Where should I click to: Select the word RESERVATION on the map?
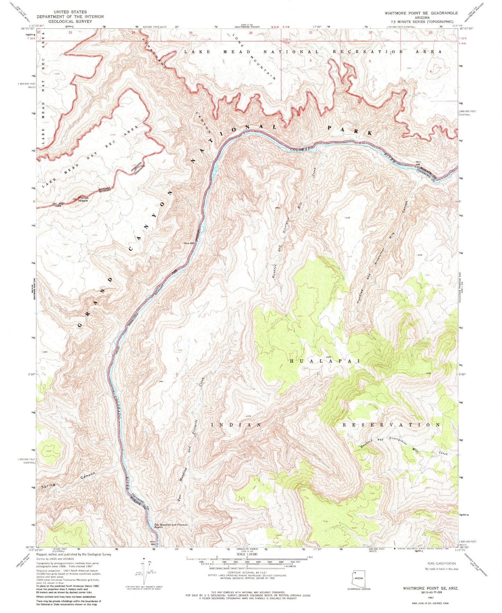(x=392, y=425)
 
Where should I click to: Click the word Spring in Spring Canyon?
(x=48, y=484)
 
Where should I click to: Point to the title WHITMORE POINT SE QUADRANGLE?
(x=421, y=13)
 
